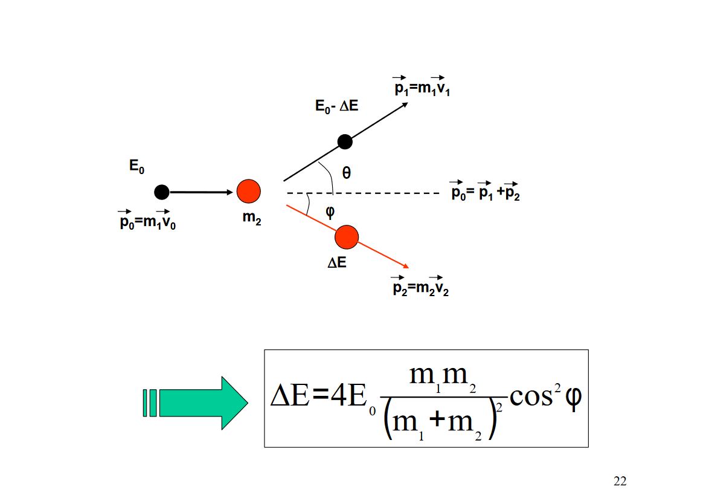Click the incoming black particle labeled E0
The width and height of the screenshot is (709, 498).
161,192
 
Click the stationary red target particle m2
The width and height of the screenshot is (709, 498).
248,192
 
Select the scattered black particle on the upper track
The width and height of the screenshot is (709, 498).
345,142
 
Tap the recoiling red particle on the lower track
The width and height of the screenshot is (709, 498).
347,237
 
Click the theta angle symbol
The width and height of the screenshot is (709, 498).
346,173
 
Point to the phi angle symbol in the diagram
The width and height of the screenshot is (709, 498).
330,212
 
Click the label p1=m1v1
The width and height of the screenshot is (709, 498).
422,88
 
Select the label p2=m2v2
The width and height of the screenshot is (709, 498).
420,287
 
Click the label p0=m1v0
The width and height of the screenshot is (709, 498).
147,221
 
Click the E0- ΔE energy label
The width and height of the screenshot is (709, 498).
337,107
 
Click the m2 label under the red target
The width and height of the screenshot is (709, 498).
252,218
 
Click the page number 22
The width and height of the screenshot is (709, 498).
620,481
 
